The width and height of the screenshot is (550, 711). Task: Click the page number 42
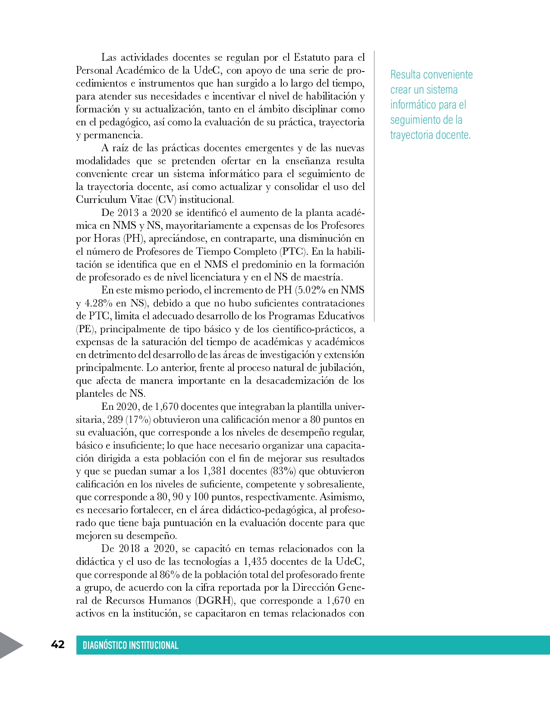[x=58, y=644]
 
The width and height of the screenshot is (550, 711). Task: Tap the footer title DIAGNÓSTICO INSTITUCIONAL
[x=130, y=645]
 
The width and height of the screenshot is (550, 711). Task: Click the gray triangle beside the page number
[x=10, y=645]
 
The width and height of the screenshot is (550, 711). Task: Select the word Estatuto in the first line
[x=311, y=57]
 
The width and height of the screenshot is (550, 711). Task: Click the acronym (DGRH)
[x=215, y=600]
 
